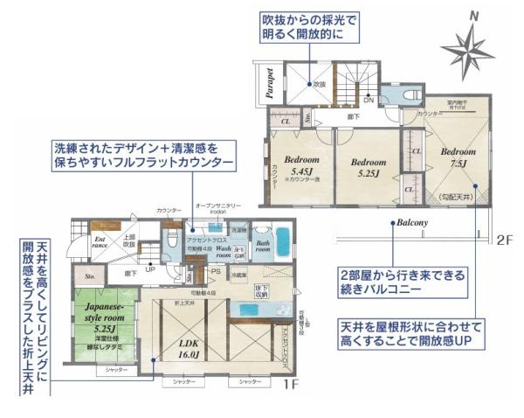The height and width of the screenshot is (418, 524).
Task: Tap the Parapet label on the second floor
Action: pyautogui.click(x=271, y=82)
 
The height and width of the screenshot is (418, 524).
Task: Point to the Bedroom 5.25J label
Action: pyautogui.click(x=368, y=167)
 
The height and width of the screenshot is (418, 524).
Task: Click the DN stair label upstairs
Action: pyautogui.click(x=369, y=100)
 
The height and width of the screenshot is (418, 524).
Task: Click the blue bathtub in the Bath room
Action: pyautogui.click(x=283, y=240)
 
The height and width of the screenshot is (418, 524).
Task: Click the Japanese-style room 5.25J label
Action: pyautogui.click(x=109, y=324)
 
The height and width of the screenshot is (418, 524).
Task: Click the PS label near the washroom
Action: pyautogui.click(x=215, y=272)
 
